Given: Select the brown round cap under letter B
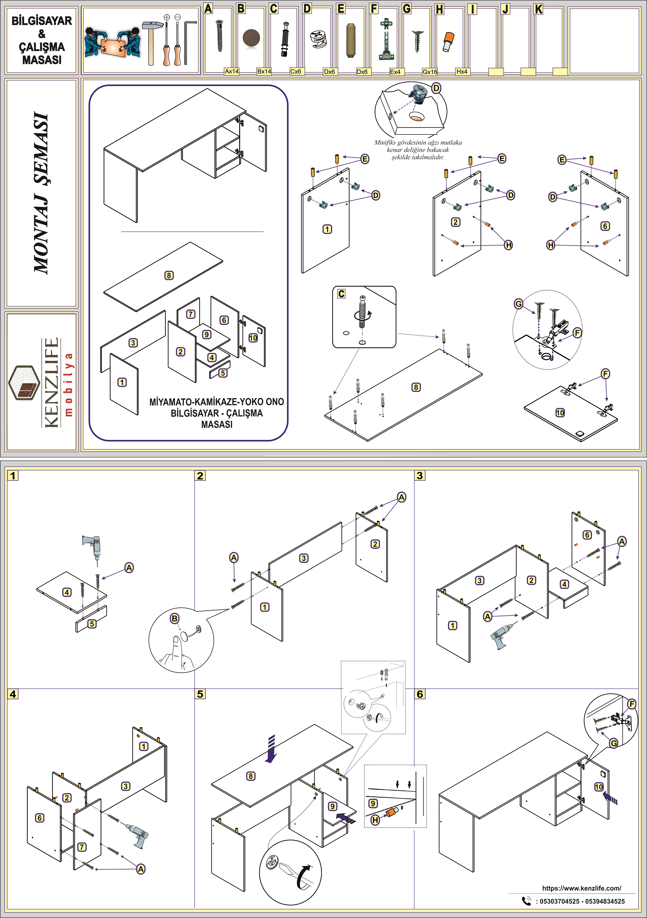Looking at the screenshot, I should pos(251,38).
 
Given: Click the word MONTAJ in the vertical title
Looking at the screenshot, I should pos(41,236).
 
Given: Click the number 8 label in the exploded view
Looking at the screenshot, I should pos(169,276).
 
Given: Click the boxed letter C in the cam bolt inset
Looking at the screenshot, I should pos(341,294).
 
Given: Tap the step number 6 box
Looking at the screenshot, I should pos(420,694).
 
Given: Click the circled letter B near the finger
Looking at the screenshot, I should pos(175,619).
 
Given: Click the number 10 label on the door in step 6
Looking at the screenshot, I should pos(599,787).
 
